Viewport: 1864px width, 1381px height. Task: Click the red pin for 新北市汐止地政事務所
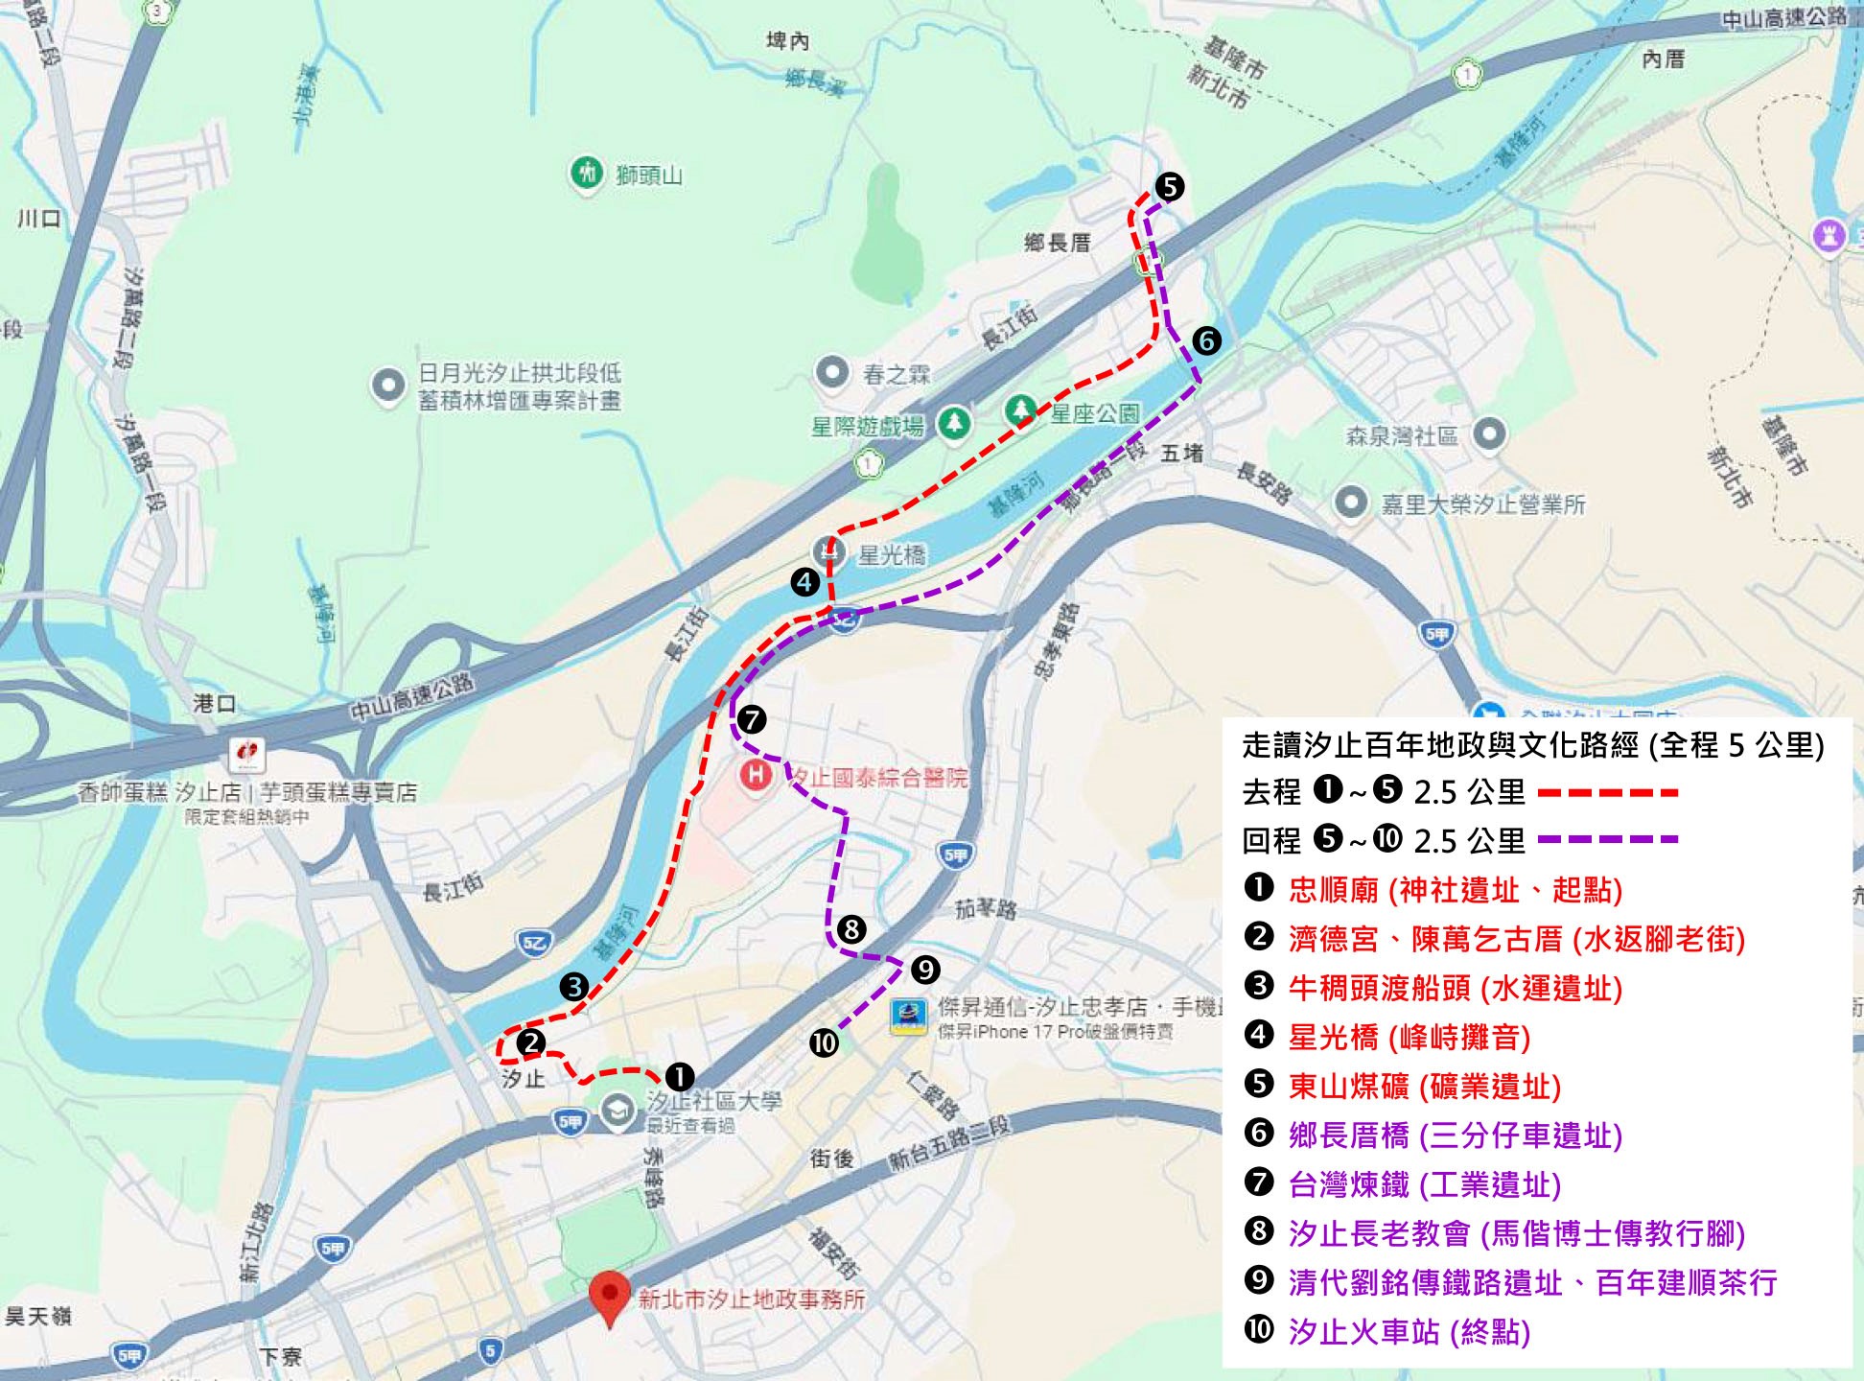point(609,1295)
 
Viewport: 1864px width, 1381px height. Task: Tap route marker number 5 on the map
point(1169,186)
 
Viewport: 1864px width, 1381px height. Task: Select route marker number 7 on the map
point(752,719)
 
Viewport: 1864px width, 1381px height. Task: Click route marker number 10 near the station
point(824,1042)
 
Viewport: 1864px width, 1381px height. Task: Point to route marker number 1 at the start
point(679,1077)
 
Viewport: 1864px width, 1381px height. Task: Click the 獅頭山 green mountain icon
point(586,173)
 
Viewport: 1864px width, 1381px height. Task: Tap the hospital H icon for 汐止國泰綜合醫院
point(757,775)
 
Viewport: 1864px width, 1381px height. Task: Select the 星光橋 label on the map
point(891,555)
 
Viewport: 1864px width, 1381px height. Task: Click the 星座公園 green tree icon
point(1021,411)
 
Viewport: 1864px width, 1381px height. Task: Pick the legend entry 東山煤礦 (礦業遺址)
point(1424,1086)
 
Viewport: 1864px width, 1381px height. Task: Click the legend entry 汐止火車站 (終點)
point(1409,1331)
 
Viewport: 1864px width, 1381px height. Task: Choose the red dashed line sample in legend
point(1608,792)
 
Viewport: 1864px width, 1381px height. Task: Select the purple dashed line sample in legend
point(1608,839)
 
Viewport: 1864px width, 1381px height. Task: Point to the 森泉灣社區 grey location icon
point(1488,433)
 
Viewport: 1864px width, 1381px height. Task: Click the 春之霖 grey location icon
point(831,372)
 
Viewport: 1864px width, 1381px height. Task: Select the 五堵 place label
point(1181,453)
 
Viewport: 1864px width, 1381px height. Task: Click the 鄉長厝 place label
point(1058,243)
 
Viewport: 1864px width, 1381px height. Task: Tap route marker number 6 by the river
point(1206,340)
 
